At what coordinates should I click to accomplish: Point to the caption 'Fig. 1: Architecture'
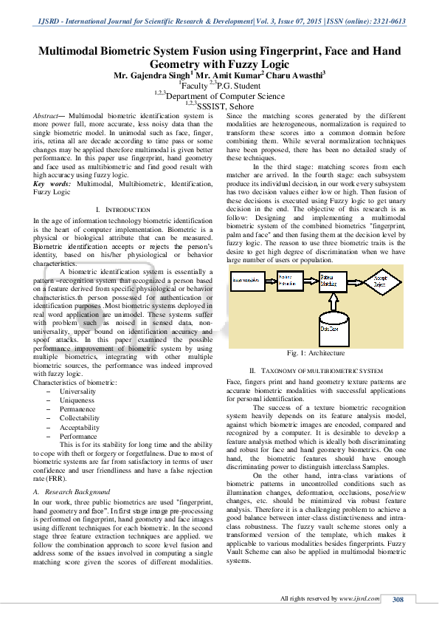pyautogui.click(x=316, y=354)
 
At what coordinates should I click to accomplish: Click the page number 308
pyautogui.click(x=397, y=600)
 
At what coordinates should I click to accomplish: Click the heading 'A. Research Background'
pyautogui.click(x=72, y=491)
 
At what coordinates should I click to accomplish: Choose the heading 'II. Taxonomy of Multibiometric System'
pyautogui.click(x=316, y=369)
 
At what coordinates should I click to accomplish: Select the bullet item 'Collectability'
pyautogui.click(x=80, y=418)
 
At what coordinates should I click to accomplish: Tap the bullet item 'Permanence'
pyautogui.click(x=77, y=409)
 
